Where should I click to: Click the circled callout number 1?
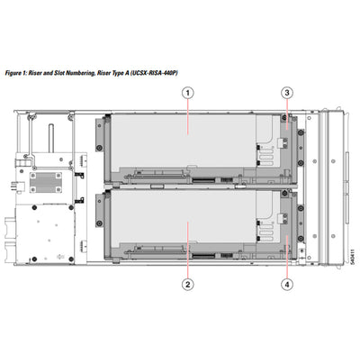pyautogui.click(x=188, y=92)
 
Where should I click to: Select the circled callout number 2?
pyautogui.click(x=188, y=284)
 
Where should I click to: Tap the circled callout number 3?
pyautogui.click(x=286, y=92)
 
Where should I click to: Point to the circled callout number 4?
pyautogui.click(x=286, y=284)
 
